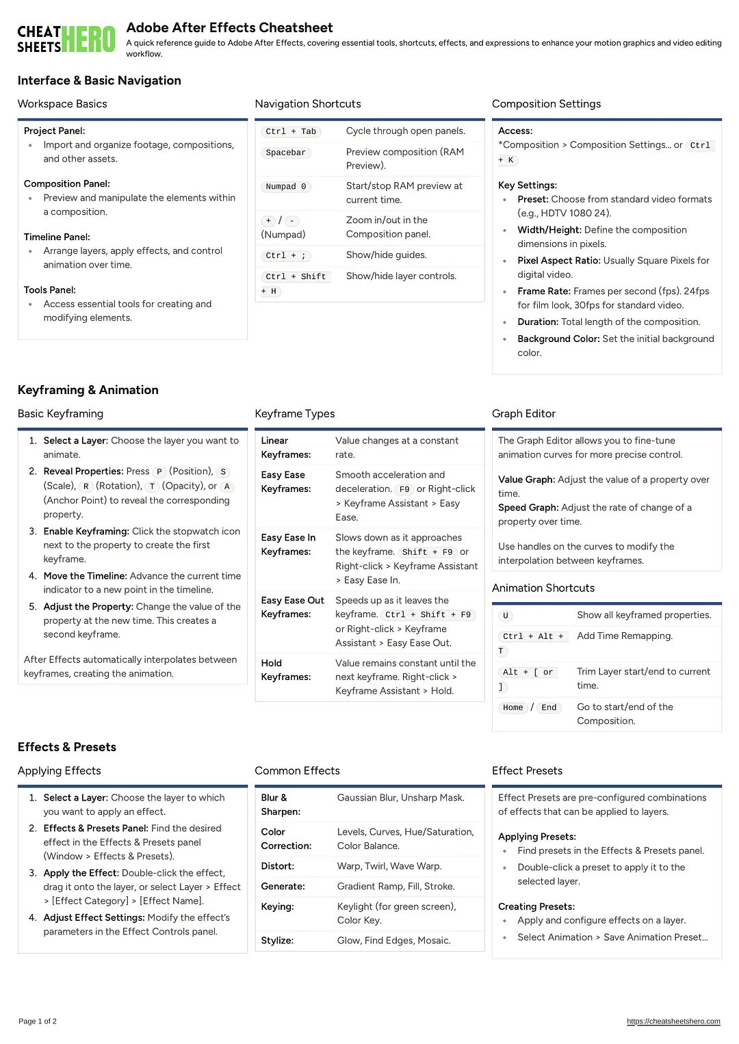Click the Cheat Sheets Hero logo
coord(66,40)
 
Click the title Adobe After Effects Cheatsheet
coord(229,28)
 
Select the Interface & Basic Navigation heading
coord(99,81)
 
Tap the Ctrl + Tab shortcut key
coord(291,131)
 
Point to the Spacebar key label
coord(285,153)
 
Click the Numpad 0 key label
coord(285,187)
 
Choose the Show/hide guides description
coord(386,255)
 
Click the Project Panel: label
coord(54,131)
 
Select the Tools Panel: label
coord(49,290)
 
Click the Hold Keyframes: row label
coord(285,670)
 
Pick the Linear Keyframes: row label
coord(285,447)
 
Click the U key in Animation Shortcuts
coord(506,616)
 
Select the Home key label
coord(513,707)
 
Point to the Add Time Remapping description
coord(624,636)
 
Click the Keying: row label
coord(277,906)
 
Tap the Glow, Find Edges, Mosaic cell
coord(393,941)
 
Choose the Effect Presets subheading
coord(527,771)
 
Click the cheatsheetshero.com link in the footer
coord(673,1021)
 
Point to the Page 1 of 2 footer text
coord(38,1021)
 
